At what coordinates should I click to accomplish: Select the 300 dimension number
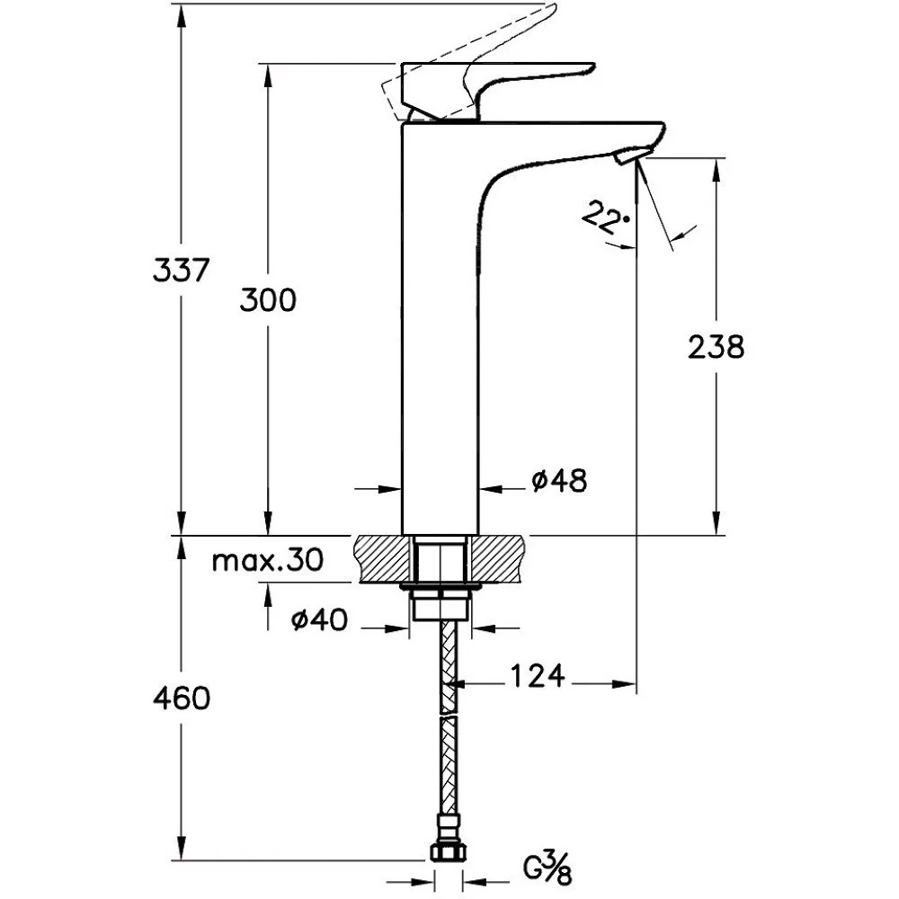pos(268,300)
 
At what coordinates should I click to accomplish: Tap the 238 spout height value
pos(717,347)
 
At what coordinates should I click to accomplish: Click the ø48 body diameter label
pos(559,481)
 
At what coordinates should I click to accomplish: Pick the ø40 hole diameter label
pos(319,619)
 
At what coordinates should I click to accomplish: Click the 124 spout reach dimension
pos(538,676)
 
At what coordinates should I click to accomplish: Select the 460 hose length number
pos(182,699)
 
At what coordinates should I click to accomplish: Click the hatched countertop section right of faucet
pos(496,559)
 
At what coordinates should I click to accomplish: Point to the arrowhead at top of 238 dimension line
pos(717,170)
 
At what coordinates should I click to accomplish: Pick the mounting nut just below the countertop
pos(441,603)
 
